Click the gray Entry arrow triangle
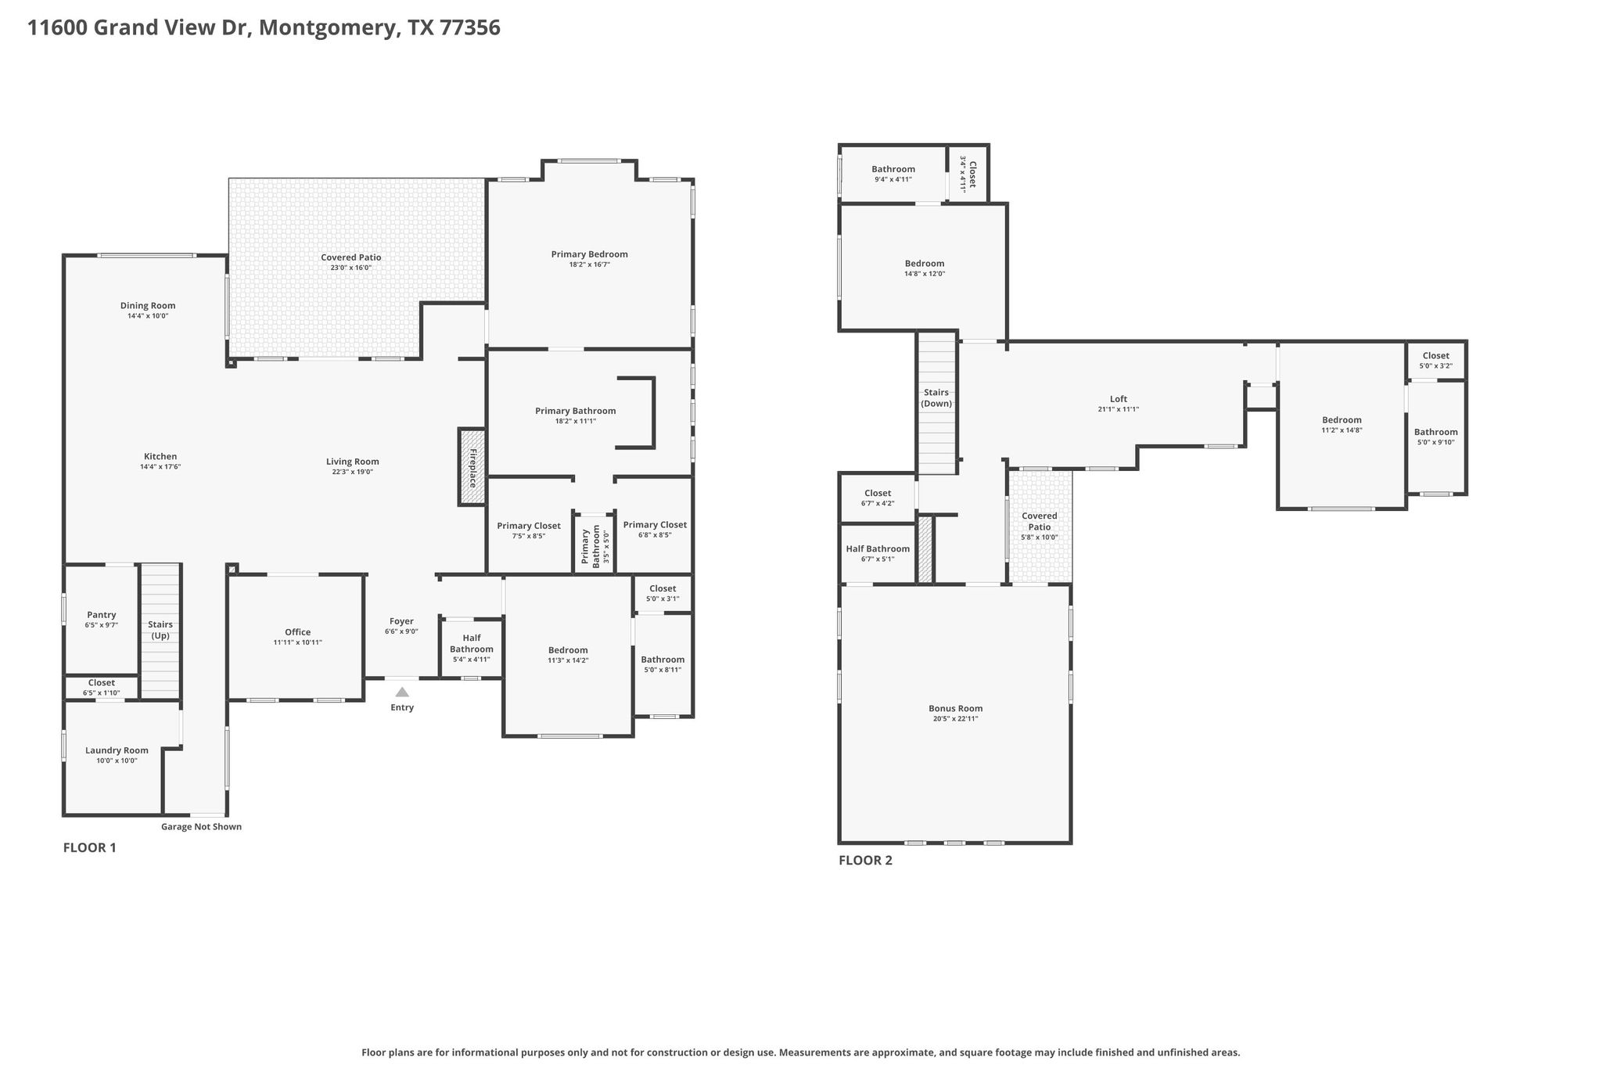pyautogui.click(x=402, y=692)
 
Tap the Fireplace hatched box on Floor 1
pyautogui.click(x=472, y=467)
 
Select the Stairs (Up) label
pyautogui.click(x=160, y=630)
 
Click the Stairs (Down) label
pyautogui.click(x=936, y=398)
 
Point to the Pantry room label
pyautogui.click(x=102, y=615)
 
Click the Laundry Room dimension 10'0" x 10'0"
pyautogui.click(x=117, y=761)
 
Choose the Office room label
pyautogui.click(x=298, y=632)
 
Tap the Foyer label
pyautogui.click(x=402, y=621)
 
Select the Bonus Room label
pyautogui.click(x=956, y=708)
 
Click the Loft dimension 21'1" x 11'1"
pyautogui.click(x=1119, y=409)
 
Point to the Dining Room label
pyautogui.click(x=148, y=306)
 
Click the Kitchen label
pyautogui.click(x=160, y=456)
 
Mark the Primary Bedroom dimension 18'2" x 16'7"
pyautogui.click(x=590, y=264)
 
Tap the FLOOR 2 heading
pyautogui.click(x=865, y=861)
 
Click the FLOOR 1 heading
pyautogui.click(x=90, y=847)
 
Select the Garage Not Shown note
pyautogui.click(x=201, y=826)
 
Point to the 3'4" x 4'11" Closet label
pyautogui.click(x=968, y=174)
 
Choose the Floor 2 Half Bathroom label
pyautogui.click(x=878, y=548)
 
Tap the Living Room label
pyautogui.click(x=353, y=462)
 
